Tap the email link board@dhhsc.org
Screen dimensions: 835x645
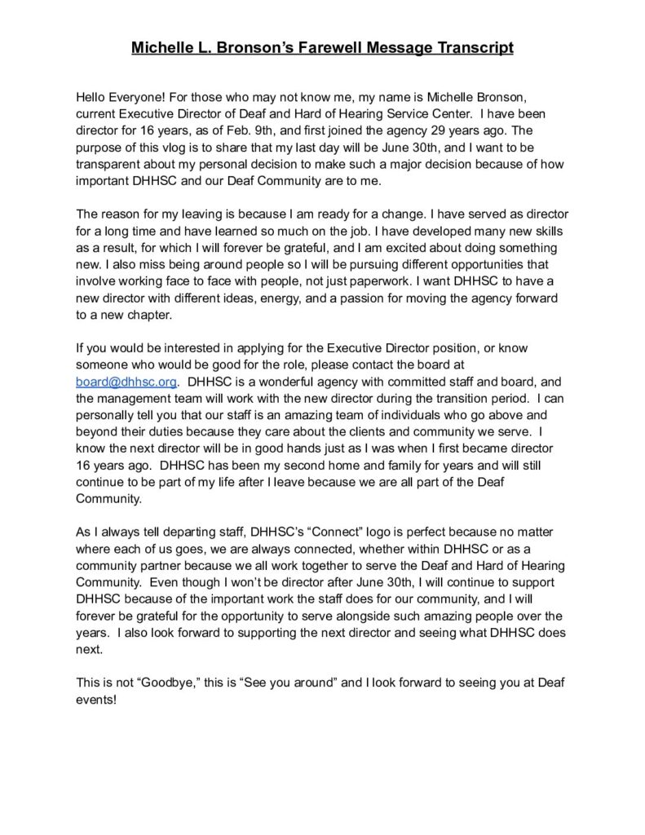pos(126,381)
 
